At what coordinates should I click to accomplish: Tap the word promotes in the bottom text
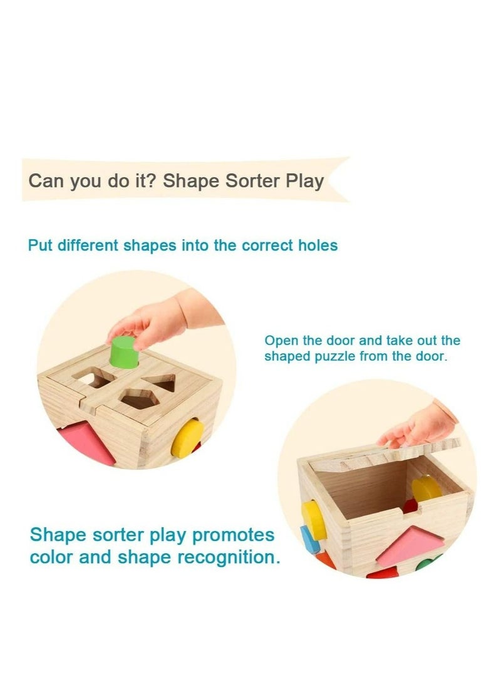(234, 536)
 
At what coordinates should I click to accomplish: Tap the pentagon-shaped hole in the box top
(137, 399)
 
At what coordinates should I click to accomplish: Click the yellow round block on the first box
(187, 437)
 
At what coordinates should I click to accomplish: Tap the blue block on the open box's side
(309, 539)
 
